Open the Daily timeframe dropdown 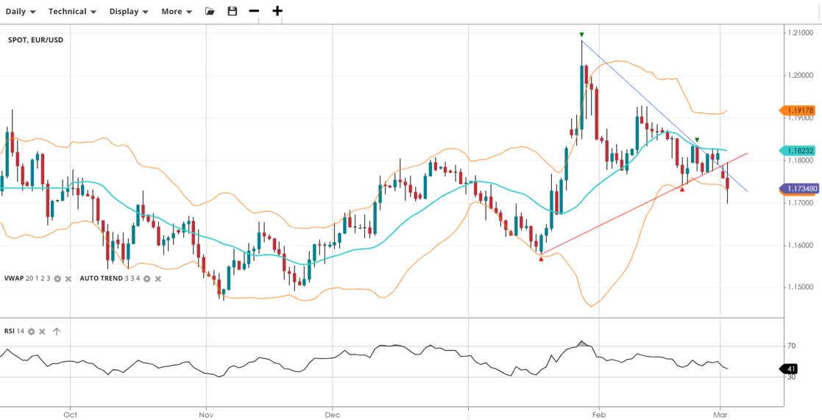tap(21, 12)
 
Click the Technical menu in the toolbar tap(72, 12)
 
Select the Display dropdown tap(129, 12)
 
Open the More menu tap(177, 12)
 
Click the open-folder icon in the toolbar tap(210, 12)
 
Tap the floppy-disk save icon tap(233, 12)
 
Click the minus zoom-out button tap(254, 12)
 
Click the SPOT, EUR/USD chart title tap(35, 40)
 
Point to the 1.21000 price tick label tap(800, 33)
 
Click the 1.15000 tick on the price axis tap(800, 288)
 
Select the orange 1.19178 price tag tap(798, 111)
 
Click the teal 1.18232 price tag tap(798, 151)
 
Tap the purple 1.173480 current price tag tap(799, 189)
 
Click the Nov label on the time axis tap(206, 415)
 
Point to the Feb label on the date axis tap(598, 415)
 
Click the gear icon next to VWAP tap(57, 279)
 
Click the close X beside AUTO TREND tap(158, 279)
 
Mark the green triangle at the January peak tap(581, 35)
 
